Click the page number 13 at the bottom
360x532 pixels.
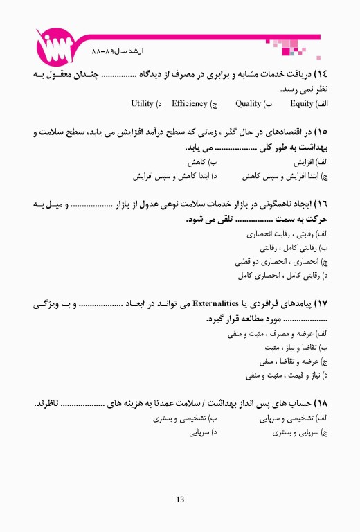pos(180,499)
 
